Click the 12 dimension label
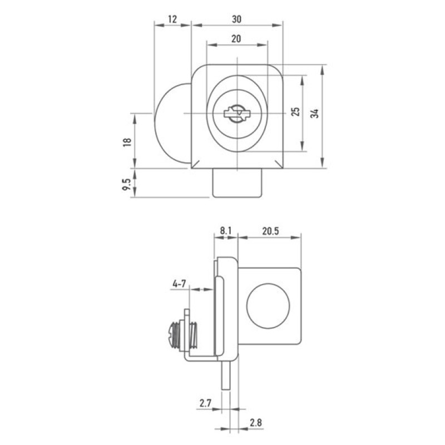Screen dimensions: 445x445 tap(172, 19)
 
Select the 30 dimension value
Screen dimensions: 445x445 tap(236, 19)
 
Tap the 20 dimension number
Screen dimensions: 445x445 tap(236, 38)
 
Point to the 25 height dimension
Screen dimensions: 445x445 tap(295, 112)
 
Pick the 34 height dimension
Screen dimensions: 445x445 tap(314, 113)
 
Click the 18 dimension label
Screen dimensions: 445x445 tap(127, 142)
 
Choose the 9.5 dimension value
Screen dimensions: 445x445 tap(127, 185)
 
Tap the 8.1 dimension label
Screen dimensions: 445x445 tap(226, 231)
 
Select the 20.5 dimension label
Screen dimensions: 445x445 tap(270, 231)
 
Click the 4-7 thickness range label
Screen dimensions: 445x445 tap(179, 283)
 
